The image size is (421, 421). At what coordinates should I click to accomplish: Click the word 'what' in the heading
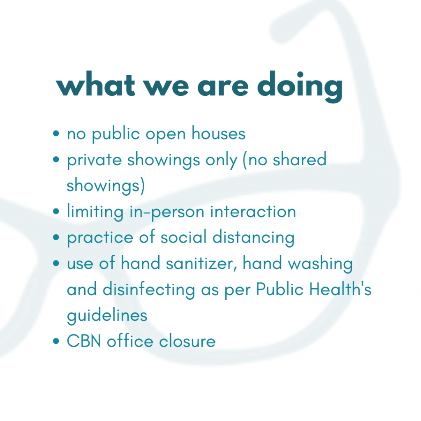coord(95,84)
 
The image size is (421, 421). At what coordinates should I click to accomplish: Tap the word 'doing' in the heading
coord(300,86)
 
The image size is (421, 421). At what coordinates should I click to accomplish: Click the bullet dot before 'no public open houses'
coord(56,134)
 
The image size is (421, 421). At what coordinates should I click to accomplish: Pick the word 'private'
coord(94,160)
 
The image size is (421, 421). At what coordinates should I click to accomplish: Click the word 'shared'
coord(299,159)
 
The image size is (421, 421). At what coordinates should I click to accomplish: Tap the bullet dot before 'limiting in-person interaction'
coord(56,211)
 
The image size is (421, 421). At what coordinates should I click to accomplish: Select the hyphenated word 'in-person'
coord(167,212)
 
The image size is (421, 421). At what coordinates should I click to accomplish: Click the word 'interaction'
coord(253,211)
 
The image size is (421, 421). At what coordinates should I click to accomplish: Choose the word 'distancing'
coord(253,238)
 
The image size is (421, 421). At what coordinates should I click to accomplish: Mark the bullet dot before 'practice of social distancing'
coord(56,237)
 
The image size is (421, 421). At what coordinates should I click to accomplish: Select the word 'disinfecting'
coord(149,290)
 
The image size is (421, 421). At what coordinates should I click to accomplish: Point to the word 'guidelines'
coord(107,315)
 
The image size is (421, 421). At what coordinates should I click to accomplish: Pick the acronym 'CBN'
coord(84,341)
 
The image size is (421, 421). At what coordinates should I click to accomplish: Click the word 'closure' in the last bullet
coord(187,341)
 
